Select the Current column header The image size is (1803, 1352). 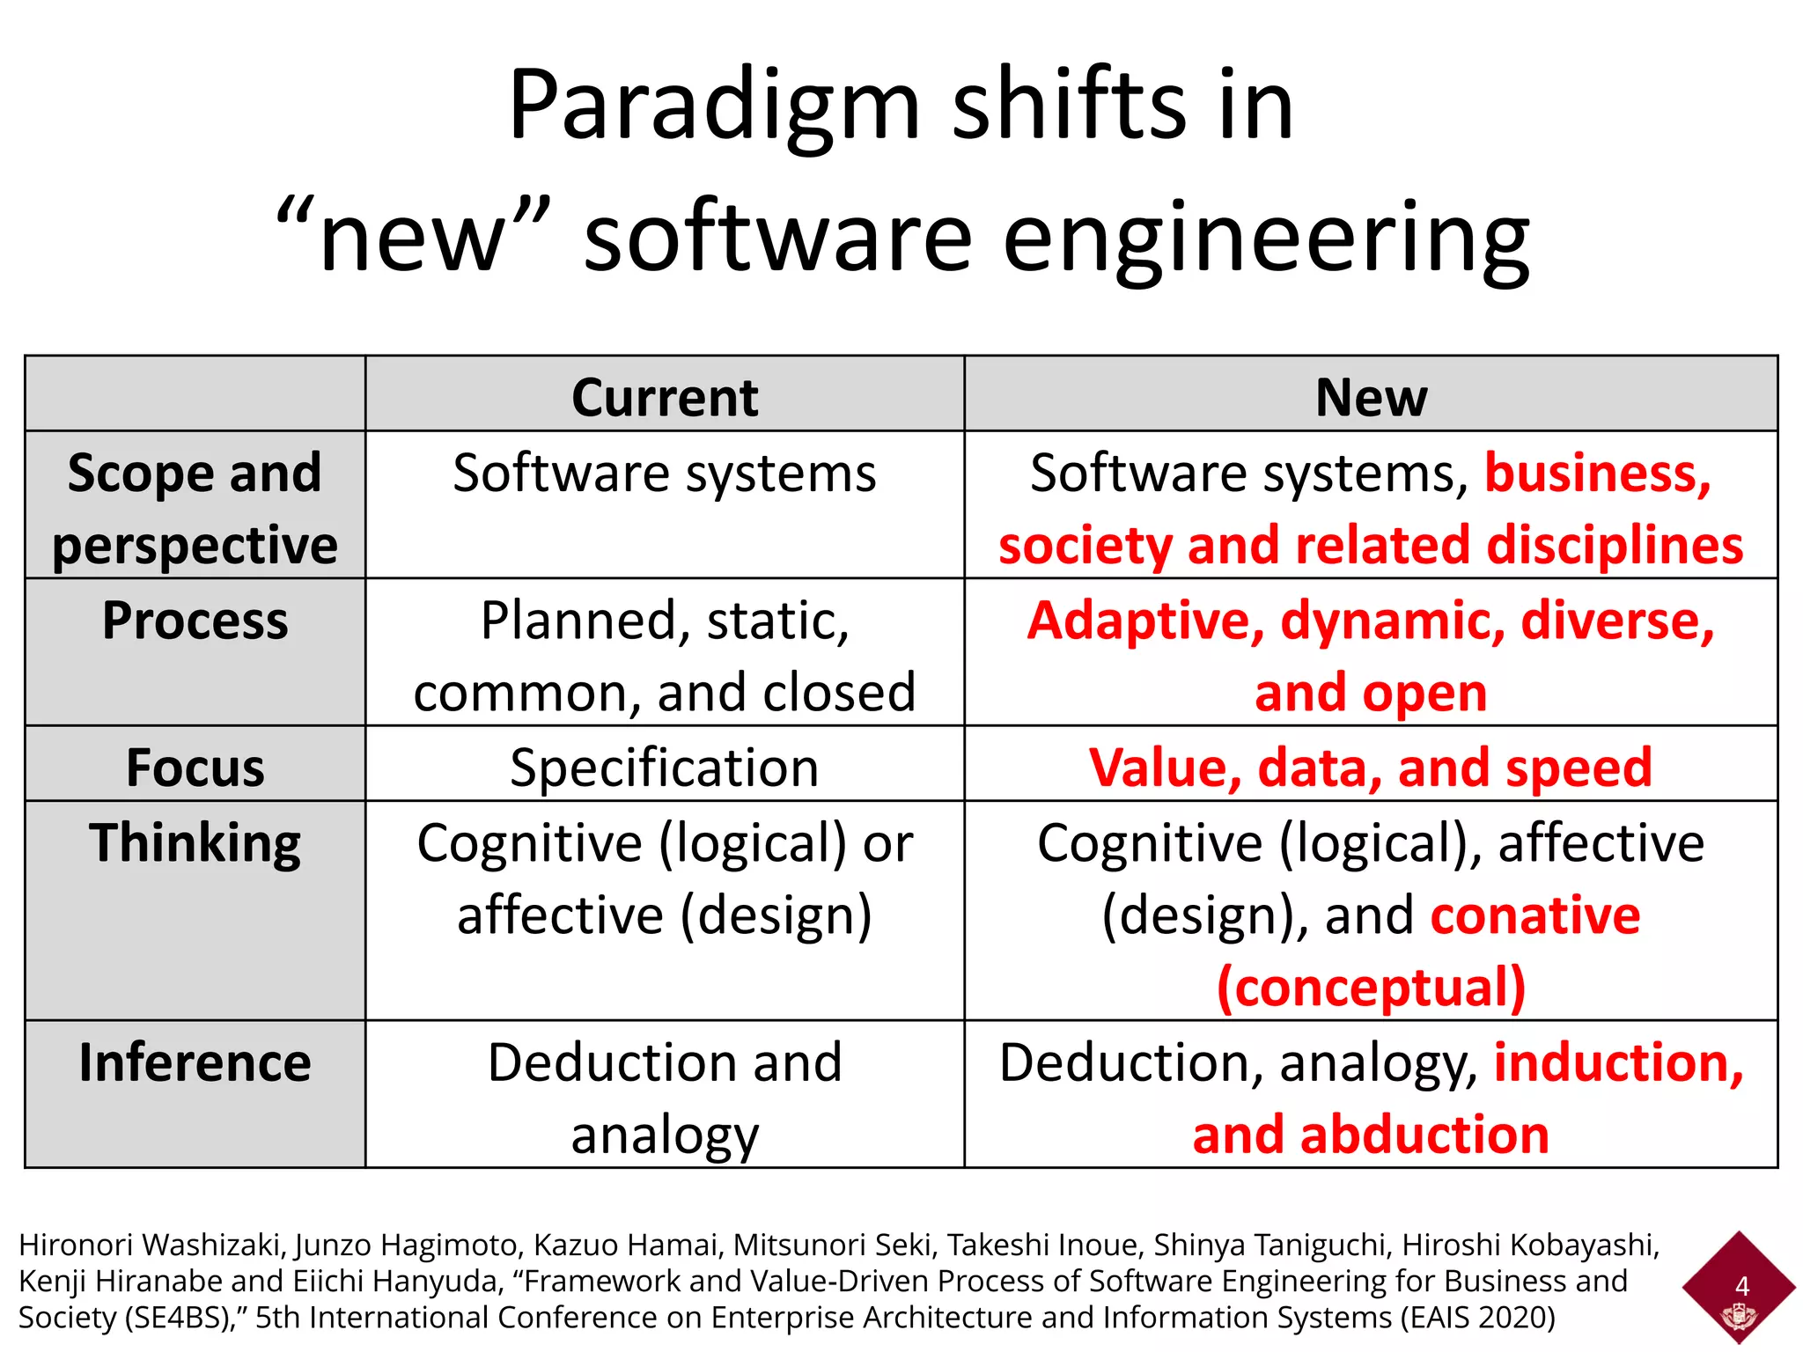pyautogui.click(x=665, y=397)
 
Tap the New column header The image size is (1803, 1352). pyautogui.click(x=1371, y=397)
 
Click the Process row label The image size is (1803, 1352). pyautogui.click(x=195, y=621)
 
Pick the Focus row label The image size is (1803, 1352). pyautogui.click(x=195, y=768)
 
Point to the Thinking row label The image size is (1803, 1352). pyautogui.click(x=195, y=843)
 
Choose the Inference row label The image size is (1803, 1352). pyautogui.click(x=195, y=1062)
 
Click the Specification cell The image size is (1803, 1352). pyautogui.click(x=665, y=768)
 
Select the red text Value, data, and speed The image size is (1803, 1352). pyautogui.click(x=1371, y=768)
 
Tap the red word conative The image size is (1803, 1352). pyautogui.click(x=1534, y=915)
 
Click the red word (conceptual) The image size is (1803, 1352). pyautogui.click(x=1371, y=988)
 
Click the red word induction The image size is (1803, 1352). pyautogui.click(x=1618, y=1062)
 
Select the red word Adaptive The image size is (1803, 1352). pyautogui.click(x=1145, y=621)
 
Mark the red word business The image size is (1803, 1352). pyautogui.click(x=1597, y=474)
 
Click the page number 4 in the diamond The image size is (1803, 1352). pyautogui.click(x=1741, y=1286)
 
